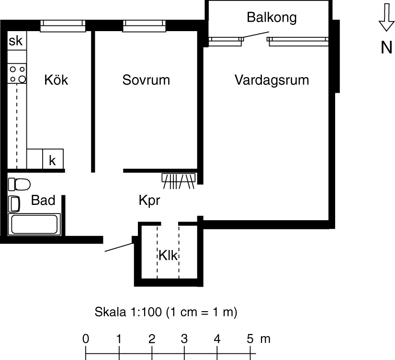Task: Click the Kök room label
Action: (x=56, y=80)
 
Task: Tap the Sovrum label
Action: (x=146, y=80)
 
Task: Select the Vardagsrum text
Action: (x=272, y=80)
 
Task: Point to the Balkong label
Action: (x=271, y=18)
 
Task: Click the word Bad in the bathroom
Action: (x=43, y=200)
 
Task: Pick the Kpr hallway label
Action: (x=149, y=201)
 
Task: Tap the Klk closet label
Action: (x=168, y=256)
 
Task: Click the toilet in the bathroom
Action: (x=19, y=184)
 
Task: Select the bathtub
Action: (x=34, y=225)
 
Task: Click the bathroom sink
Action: (x=14, y=204)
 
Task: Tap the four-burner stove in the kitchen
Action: (x=17, y=74)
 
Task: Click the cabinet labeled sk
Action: (x=17, y=41)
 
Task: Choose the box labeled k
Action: (x=53, y=159)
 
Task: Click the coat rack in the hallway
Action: (x=179, y=181)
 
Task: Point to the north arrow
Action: (x=386, y=17)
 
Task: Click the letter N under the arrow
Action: (x=386, y=47)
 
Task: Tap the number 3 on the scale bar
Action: (x=184, y=339)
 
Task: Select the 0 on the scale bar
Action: (x=86, y=339)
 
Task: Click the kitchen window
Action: (x=63, y=26)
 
